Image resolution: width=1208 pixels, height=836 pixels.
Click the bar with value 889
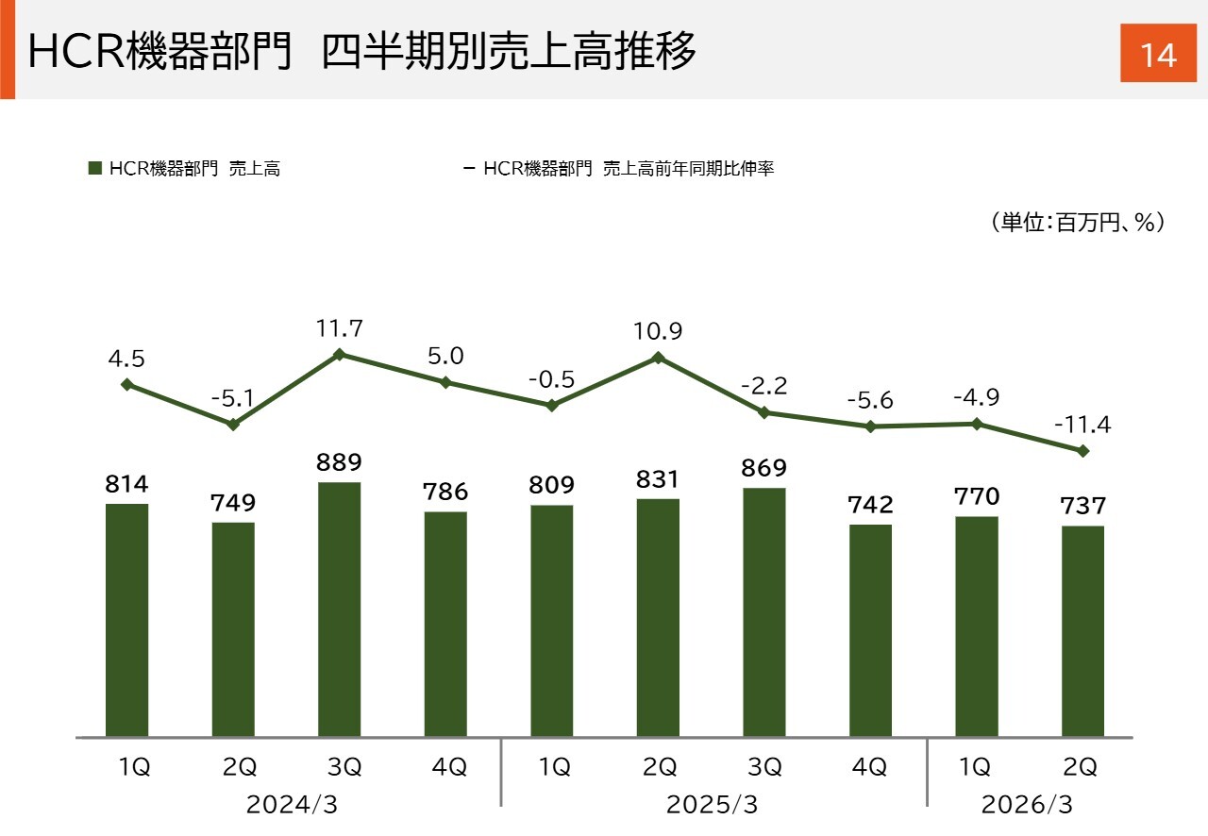coord(339,609)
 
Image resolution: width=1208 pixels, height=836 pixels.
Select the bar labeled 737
coord(1082,630)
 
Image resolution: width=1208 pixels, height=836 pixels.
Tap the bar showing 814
coord(126,620)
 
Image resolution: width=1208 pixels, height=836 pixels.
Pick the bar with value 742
coord(870,629)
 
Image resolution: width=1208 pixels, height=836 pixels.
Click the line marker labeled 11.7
coord(339,355)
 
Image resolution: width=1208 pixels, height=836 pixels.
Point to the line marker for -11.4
coord(1083,451)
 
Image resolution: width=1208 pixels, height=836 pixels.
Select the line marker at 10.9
coord(658,358)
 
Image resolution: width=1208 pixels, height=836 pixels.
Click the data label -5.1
coord(232,398)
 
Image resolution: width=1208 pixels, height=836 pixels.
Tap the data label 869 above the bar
coord(764,468)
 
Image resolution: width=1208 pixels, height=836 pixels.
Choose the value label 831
coord(658,479)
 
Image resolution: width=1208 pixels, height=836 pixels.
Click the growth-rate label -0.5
coord(551,379)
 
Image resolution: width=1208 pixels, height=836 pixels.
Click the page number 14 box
coord(1158,55)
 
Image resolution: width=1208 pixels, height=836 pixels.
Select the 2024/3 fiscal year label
coord(292,805)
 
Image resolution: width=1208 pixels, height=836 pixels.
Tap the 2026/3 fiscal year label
coord(1027,805)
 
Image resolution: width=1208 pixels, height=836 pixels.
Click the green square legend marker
coord(94,169)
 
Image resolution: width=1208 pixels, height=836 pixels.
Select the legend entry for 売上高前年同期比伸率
coord(628,169)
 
